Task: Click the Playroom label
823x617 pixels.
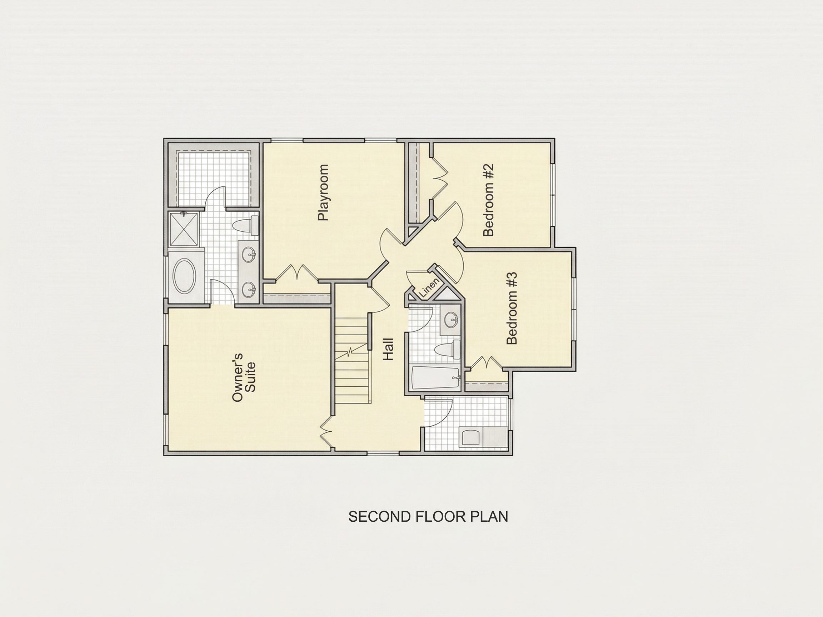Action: pos(323,193)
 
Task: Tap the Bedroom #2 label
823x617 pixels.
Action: pos(488,200)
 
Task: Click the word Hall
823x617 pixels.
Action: pos(388,349)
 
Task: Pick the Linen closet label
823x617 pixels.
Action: pos(429,288)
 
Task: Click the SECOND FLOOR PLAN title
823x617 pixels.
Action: pos(428,517)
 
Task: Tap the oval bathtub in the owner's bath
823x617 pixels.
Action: pos(185,276)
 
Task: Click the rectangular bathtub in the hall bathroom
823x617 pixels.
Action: pos(436,378)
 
